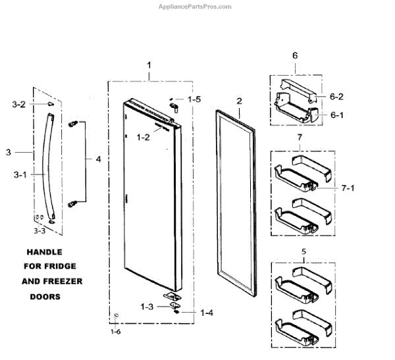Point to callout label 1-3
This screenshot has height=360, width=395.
point(148,306)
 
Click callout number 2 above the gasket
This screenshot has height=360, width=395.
point(239,101)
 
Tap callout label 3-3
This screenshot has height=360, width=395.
point(41,230)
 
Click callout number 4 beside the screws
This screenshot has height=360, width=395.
point(99,159)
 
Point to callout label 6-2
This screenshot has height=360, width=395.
point(337,96)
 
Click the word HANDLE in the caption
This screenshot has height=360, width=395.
point(45,252)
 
